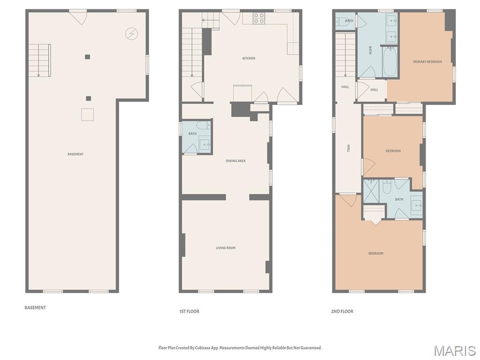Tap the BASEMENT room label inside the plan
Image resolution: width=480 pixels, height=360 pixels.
(x=75, y=154)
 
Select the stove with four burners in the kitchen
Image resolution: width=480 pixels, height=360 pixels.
(x=259, y=18)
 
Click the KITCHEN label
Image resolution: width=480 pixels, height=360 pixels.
(x=249, y=58)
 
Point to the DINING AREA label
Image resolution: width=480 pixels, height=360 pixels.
(x=235, y=161)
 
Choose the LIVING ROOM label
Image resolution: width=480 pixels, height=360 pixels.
(x=225, y=248)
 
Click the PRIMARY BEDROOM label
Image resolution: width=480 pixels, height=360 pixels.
(x=427, y=62)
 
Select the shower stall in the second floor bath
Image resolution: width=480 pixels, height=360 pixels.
(x=371, y=191)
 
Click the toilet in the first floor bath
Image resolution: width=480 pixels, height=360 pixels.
(x=203, y=126)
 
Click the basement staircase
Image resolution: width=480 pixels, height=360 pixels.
(x=39, y=60)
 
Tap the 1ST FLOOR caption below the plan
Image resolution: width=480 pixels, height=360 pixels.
(x=189, y=311)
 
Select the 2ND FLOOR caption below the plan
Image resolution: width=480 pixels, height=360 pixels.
(x=343, y=311)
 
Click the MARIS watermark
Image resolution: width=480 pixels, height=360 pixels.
(x=455, y=351)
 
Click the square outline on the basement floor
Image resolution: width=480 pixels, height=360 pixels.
(x=87, y=115)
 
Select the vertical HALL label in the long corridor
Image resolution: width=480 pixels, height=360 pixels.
(x=348, y=148)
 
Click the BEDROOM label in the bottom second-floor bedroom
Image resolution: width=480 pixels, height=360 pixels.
(x=375, y=254)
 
